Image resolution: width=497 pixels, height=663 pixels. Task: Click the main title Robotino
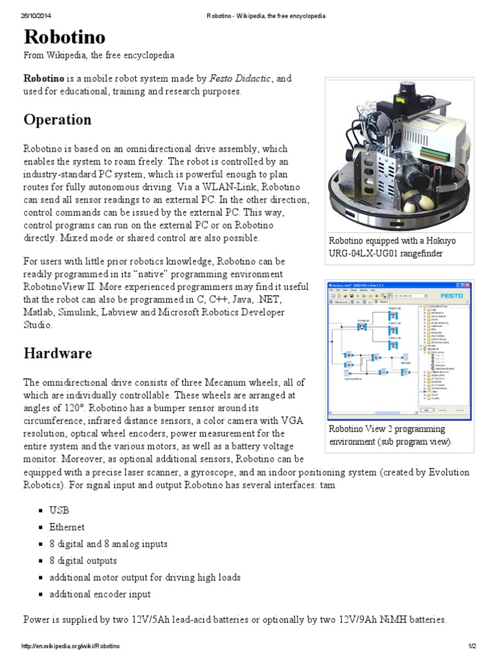pos(65,37)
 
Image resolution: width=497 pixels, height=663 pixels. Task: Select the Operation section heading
pos(58,120)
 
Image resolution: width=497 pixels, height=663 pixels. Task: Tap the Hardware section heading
pos(58,354)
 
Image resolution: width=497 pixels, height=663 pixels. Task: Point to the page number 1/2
pos(469,647)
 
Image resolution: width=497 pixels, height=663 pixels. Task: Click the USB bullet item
pos(58,511)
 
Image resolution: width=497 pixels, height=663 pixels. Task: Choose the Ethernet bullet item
pos(67,528)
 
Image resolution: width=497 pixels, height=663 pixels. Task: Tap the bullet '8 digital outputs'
pos(83,561)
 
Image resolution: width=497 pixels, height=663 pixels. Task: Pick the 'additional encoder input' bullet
pos(100,594)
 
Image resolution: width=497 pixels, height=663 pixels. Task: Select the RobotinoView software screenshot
pos(398,350)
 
